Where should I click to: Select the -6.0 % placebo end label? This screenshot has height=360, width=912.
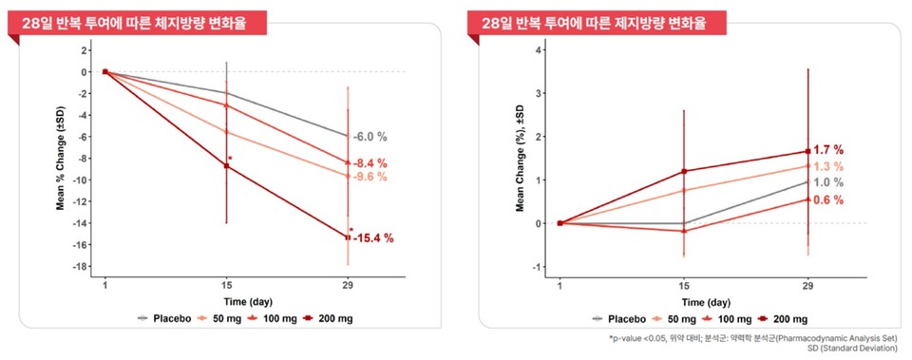click(370, 137)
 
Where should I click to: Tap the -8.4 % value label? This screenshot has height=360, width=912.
click(370, 163)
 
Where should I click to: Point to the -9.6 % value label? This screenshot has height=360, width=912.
click(370, 177)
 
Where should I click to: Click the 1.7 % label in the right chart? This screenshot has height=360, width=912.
click(828, 150)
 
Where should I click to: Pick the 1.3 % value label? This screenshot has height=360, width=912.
click(828, 166)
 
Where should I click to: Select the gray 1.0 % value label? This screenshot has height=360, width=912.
click(828, 182)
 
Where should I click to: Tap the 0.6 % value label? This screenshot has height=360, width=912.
click(828, 199)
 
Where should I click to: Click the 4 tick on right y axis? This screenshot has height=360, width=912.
click(540, 49)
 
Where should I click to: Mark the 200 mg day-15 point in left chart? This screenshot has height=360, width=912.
click(226, 166)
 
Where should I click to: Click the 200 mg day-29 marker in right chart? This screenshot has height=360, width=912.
click(807, 151)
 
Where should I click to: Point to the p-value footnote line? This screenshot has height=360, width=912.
click(758, 338)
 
